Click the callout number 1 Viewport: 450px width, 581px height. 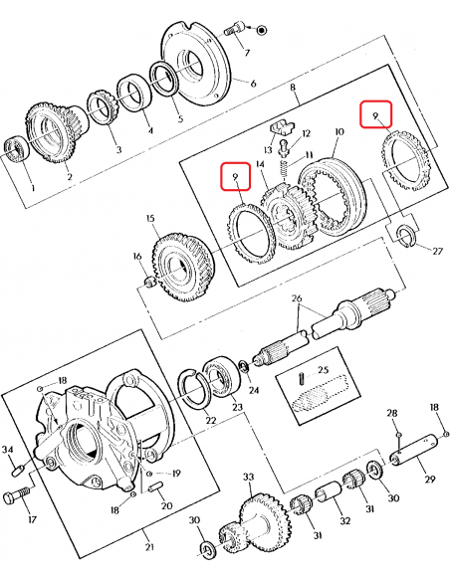click(x=32, y=186)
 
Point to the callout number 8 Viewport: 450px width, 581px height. click(x=293, y=89)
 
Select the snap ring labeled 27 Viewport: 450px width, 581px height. click(x=404, y=235)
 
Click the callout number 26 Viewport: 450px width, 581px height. click(x=295, y=298)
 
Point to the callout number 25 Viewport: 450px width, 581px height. click(x=322, y=370)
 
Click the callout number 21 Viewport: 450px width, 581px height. click(x=147, y=546)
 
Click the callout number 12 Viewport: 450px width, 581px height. click(x=308, y=132)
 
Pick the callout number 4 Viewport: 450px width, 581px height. click(x=149, y=128)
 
